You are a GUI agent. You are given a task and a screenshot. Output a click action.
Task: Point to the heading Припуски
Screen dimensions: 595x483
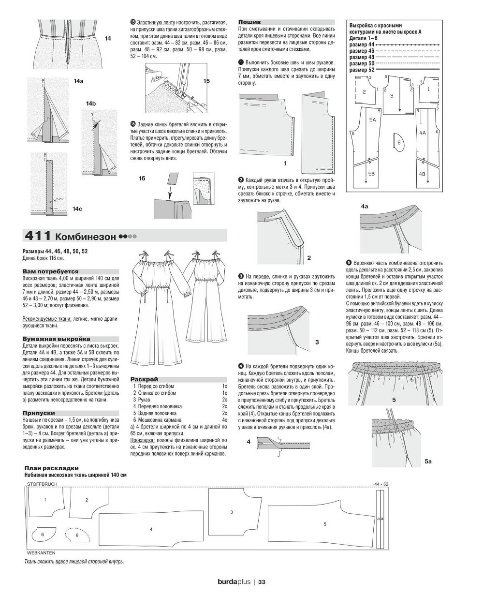38,413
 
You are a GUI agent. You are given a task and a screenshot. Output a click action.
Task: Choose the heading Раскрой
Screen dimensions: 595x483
145,380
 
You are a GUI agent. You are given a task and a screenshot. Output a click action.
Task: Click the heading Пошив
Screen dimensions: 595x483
249,22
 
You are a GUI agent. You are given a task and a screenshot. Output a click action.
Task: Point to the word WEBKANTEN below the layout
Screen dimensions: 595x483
42,552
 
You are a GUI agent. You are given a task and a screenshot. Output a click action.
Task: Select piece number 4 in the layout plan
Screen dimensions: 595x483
151,530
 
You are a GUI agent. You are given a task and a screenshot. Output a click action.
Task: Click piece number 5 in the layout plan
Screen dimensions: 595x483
325,524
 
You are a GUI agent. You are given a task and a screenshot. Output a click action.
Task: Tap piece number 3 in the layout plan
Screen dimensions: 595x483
232,512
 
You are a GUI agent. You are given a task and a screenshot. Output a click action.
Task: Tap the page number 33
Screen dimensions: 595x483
262,581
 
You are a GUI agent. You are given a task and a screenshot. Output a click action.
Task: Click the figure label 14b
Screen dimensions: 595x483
91,104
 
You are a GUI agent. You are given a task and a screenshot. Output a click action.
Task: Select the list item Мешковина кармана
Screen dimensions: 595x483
159,420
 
